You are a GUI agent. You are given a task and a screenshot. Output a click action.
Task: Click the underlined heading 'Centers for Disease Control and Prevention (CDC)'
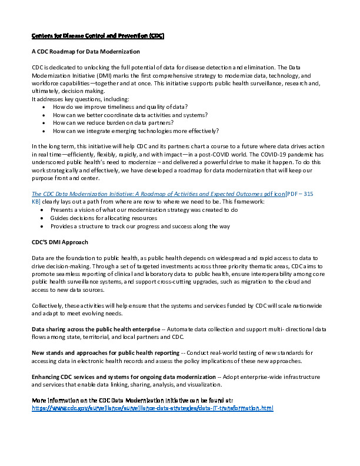click(98, 36)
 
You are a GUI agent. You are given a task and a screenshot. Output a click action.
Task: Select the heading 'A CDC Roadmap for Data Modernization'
click(85, 52)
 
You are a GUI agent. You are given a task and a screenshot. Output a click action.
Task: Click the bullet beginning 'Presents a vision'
click(144, 209)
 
